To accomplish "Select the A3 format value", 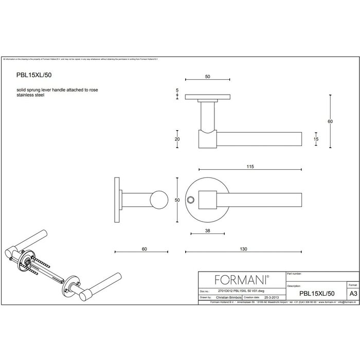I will point(353,292).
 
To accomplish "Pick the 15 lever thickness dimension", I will point(316,139).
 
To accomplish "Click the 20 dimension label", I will point(177,139).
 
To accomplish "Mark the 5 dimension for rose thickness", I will point(177,91).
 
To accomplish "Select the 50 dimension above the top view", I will point(207,77).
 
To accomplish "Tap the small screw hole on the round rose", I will point(191,199).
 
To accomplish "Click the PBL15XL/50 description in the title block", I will point(318,292).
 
